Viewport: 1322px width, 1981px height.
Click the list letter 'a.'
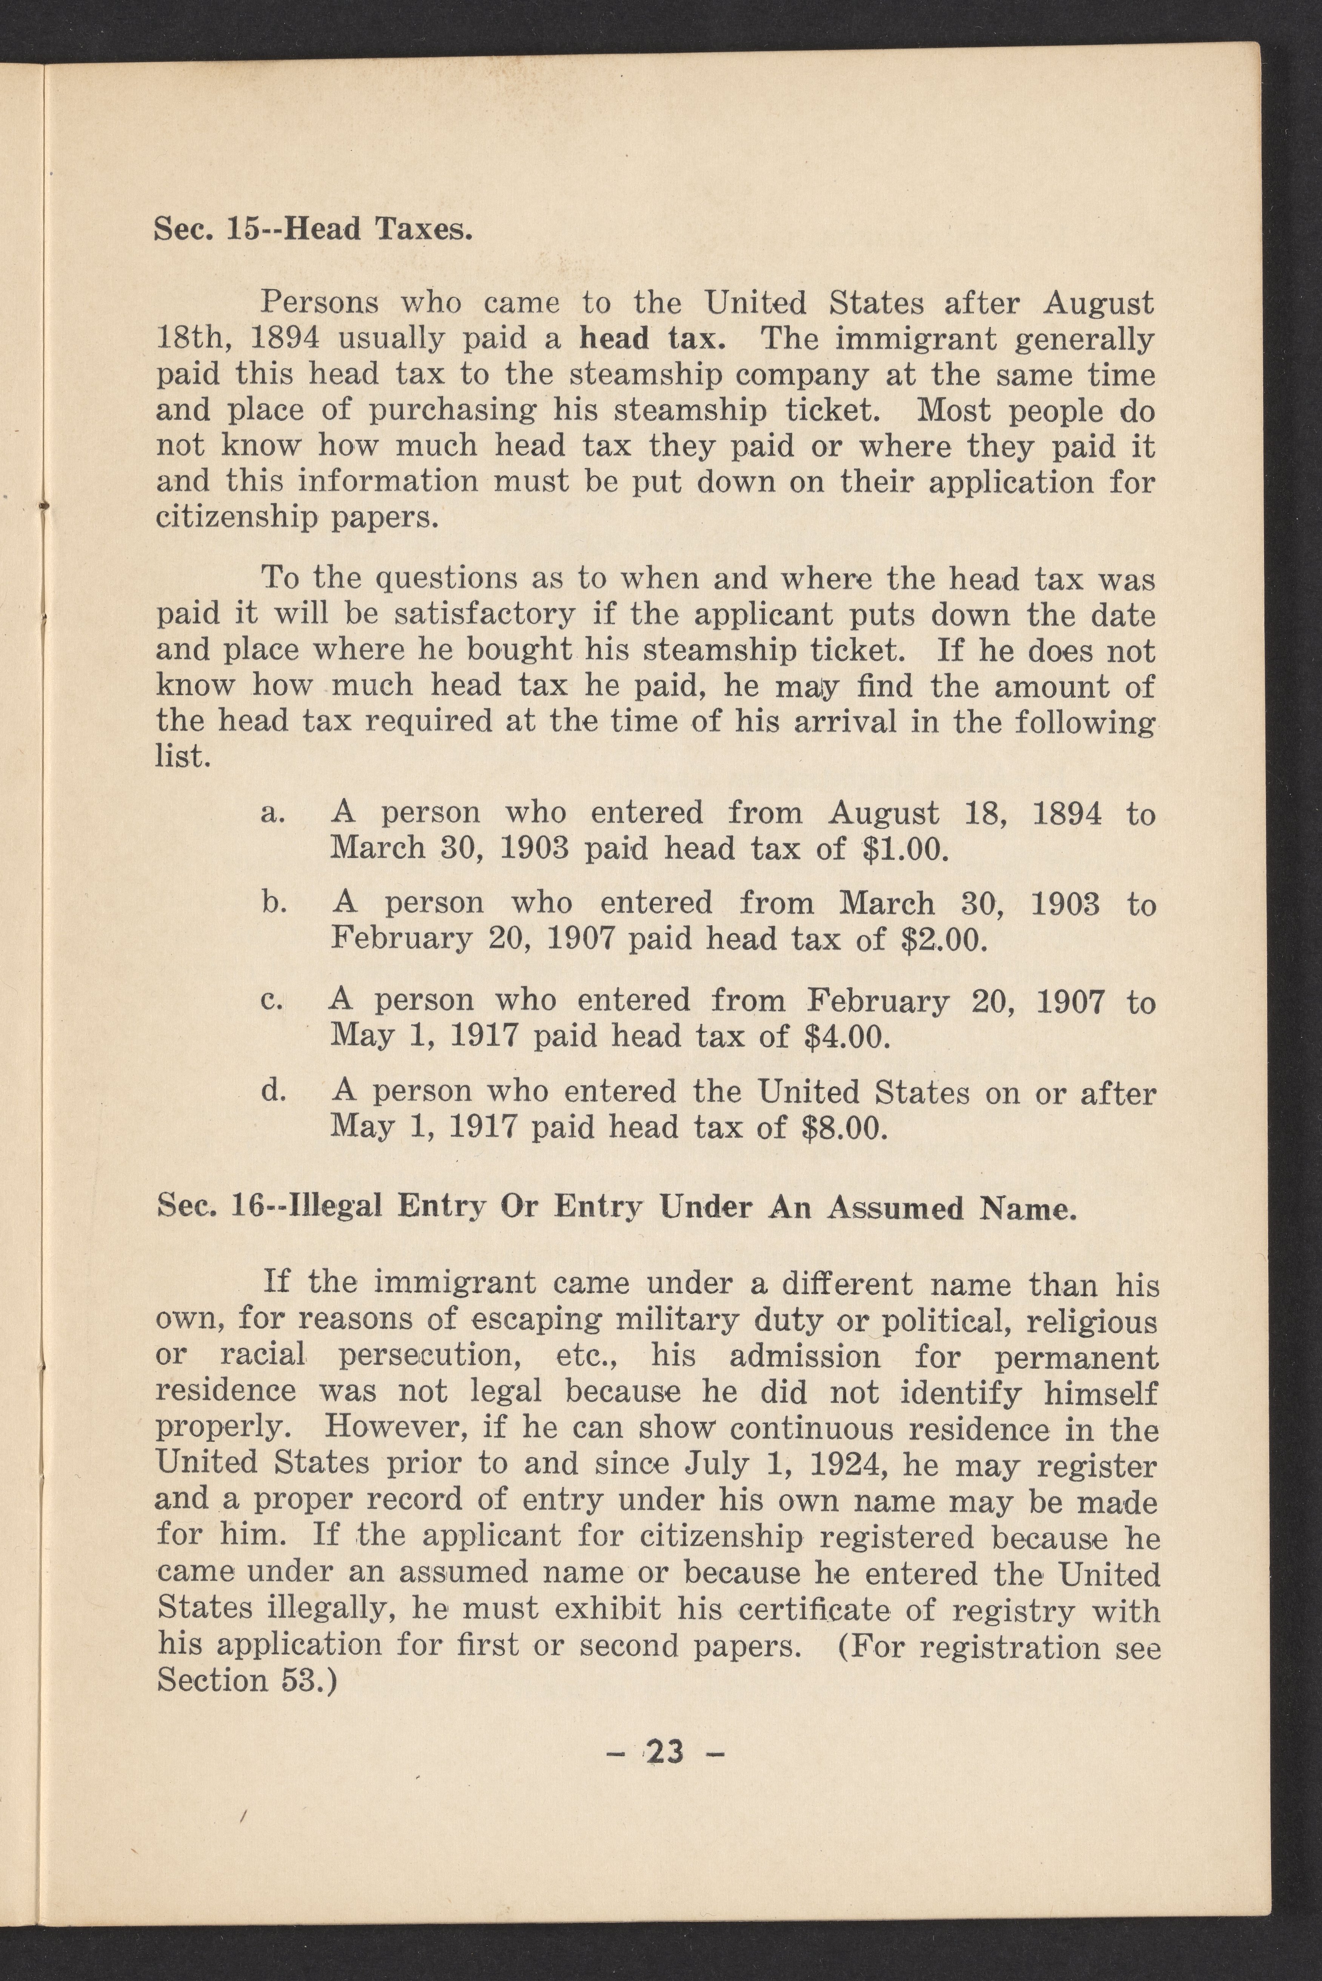(x=272, y=812)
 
